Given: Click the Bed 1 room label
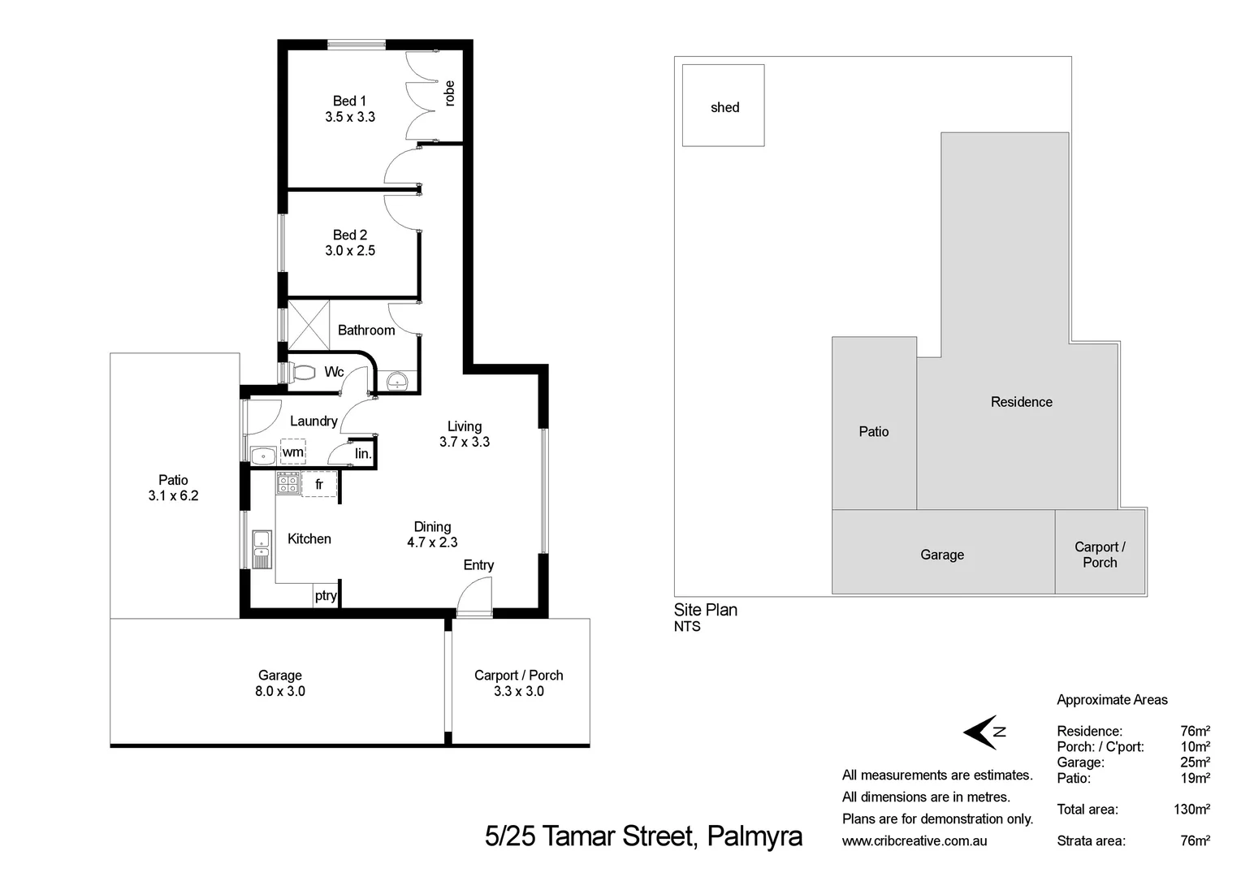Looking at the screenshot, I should [x=349, y=101].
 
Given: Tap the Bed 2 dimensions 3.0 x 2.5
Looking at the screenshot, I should [x=350, y=251].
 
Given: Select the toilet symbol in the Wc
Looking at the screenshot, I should [x=304, y=373].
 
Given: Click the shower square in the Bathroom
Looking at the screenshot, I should [x=309, y=321].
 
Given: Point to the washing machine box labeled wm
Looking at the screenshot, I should [x=292, y=452].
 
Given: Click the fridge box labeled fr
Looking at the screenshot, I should [x=319, y=484].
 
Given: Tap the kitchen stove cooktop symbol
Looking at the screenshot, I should [x=288, y=483].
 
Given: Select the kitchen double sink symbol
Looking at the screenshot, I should [x=262, y=548].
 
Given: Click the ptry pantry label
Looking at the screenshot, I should [x=326, y=595].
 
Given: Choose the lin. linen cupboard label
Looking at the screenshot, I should [x=363, y=453].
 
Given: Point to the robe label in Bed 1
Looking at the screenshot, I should [x=449, y=93].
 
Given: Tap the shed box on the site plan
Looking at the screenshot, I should [x=723, y=106].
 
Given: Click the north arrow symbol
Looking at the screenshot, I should [x=984, y=732].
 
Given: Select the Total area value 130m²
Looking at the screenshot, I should [x=1191, y=810].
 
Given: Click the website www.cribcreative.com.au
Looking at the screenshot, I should [x=915, y=841].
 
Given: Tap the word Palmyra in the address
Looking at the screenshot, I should [x=755, y=836].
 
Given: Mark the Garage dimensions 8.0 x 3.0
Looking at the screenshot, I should [x=280, y=691].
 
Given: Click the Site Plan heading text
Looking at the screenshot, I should [x=706, y=610].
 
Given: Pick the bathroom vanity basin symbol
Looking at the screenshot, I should [x=398, y=381].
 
